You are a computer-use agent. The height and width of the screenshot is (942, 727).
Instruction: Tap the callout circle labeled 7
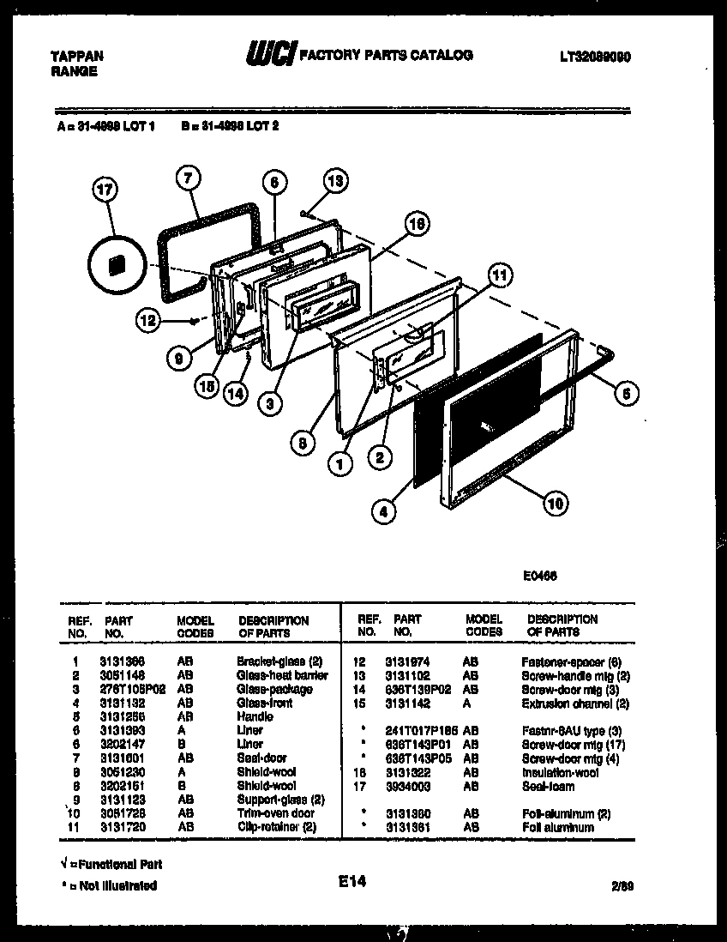[x=189, y=178]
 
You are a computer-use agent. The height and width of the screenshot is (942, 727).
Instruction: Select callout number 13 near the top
[x=336, y=181]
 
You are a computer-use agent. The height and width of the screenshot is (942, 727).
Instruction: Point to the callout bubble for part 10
[x=555, y=504]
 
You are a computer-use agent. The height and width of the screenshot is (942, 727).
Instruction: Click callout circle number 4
[x=384, y=513]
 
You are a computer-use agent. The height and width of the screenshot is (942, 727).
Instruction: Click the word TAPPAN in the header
[x=77, y=56]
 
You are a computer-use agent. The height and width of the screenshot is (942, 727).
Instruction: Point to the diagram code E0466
[x=543, y=577]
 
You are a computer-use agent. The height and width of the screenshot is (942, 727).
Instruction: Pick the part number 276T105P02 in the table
[x=132, y=689]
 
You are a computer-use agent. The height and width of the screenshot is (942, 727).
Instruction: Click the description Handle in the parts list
[x=255, y=716]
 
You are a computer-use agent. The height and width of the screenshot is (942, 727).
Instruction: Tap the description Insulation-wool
[x=560, y=772]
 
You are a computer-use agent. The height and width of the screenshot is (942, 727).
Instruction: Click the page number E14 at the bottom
[x=352, y=879]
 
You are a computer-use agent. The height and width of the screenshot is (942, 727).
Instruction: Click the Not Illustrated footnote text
[x=111, y=885]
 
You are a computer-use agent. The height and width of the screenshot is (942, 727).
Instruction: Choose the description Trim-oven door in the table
[x=275, y=812]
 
